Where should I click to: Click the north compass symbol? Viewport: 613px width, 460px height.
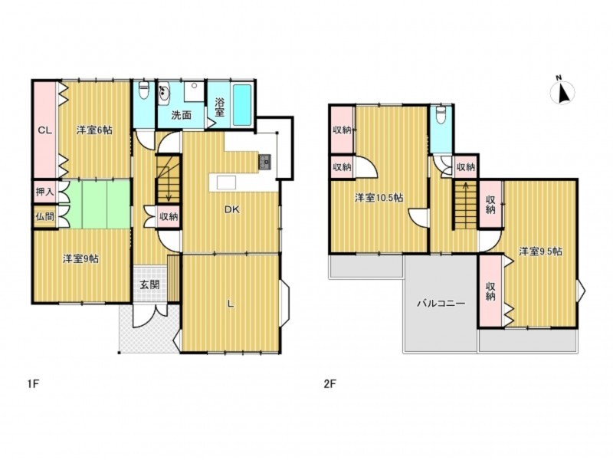[x=562, y=92]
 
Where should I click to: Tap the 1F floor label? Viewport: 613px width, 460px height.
[x=33, y=384]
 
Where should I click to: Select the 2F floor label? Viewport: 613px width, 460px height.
[x=330, y=384]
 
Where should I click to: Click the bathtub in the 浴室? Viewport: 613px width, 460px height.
[x=242, y=105]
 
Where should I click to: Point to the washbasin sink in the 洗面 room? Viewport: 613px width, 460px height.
[x=164, y=93]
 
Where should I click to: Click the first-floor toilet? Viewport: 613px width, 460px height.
[x=144, y=90]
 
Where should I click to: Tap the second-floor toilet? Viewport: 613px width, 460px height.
[x=441, y=115]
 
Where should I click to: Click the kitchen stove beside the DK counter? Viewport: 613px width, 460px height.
[x=264, y=162]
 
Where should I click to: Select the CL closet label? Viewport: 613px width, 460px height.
[x=44, y=130]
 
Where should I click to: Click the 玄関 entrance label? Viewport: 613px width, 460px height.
[x=149, y=284]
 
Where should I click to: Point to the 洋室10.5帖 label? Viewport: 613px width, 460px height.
[x=379, y=198]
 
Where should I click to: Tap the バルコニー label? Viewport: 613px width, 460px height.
[x=441, y=303]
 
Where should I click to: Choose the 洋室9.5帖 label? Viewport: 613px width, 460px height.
[x=541, y=251]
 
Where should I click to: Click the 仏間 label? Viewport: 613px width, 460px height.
[x=45, y=216]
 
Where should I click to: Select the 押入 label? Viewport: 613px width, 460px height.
[x=45, y=192]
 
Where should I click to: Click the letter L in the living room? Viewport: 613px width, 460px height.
[x=231, y=304]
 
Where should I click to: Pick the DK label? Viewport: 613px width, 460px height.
[x=232, y=210]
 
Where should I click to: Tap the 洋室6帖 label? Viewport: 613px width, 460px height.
[x=94, y=130]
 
